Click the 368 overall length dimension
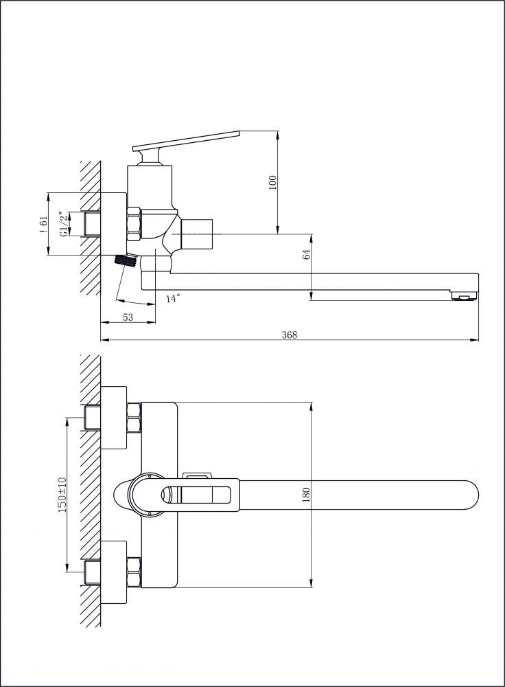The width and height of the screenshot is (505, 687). coord(290,335)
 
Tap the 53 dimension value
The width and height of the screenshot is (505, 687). coord(128,317)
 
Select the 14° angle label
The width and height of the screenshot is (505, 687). coord(174,298)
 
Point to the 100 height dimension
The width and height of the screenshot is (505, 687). coord(272,182)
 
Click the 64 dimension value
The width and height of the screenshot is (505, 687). coord(306,254)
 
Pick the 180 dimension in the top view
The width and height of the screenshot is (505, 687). coord(306,495)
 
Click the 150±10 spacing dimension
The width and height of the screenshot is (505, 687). coord(62,495)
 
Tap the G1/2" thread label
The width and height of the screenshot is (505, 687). coord(64,224)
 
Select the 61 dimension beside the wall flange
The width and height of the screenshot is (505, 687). coord(43,224)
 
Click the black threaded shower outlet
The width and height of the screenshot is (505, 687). coord(124,261)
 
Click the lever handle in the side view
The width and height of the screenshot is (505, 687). coord(187,141)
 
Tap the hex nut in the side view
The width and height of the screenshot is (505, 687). coord(134,224)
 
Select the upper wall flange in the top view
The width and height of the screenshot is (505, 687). coord(114,418)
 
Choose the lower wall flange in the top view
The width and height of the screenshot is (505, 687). coord(114,572)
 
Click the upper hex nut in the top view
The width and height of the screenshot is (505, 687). coord(134,418)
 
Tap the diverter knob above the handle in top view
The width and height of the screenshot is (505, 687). coord(198,475)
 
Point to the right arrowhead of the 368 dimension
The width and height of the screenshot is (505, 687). coord(474,339)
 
